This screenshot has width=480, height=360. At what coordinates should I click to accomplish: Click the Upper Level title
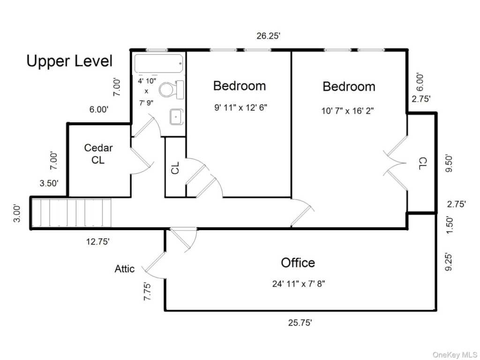click(x=69, y=61)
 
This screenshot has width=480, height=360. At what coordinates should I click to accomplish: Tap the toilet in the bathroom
click(x=172, y=90)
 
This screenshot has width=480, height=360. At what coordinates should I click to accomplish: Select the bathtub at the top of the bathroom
click(x=158, y=63)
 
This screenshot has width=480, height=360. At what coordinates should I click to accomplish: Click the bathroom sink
click(x=177, y=117)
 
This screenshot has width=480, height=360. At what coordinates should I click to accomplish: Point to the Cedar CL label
click(x=98, y=154)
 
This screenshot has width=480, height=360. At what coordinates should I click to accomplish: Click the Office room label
click(x=298, y=262)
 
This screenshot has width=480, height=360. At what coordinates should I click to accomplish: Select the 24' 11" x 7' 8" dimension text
click(x=299, y=284)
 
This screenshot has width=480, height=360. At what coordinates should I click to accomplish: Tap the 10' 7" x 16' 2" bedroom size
click(x=347, y=111)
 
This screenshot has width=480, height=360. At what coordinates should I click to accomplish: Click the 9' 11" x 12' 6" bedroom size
click(x=240, y=107)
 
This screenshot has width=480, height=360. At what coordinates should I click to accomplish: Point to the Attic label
click(x=124, y=269)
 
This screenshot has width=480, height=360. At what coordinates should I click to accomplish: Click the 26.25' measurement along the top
click(x=268, y=36)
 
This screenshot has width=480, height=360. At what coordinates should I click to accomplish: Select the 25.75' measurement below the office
click(x=300, y=322)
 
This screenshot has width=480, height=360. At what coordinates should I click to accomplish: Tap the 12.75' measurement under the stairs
click(x=97, y=242)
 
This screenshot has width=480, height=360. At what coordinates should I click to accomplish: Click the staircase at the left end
click(x=72, y=213)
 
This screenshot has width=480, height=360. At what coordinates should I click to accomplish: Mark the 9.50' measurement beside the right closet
click(x=449, y=164)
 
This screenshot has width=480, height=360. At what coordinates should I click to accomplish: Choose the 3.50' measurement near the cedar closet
click(x=49, y=183)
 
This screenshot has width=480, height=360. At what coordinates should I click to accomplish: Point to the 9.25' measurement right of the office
click(x=448, y=262)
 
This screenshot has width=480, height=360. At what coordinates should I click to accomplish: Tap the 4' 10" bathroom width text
click(x=147, y=81)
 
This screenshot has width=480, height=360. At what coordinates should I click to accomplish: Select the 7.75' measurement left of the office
click(x=147, y=292)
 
